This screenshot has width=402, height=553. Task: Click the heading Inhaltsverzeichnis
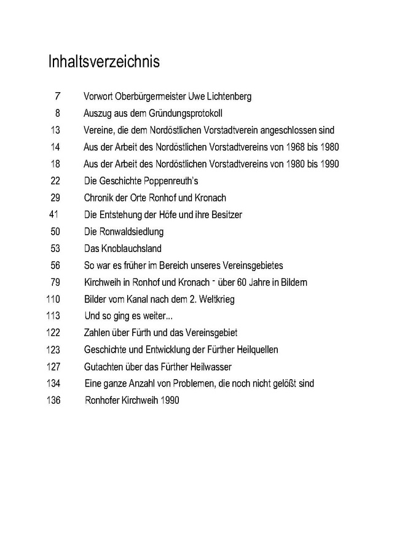(104, 62)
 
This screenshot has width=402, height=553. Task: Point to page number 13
(56, 130)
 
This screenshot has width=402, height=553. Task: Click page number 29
(56, 197)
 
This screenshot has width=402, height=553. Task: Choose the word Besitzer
(227, 214)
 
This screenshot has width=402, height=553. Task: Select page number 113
(54, 316)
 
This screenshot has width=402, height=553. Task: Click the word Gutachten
(103, 366)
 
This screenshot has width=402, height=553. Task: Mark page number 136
(54, 400)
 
